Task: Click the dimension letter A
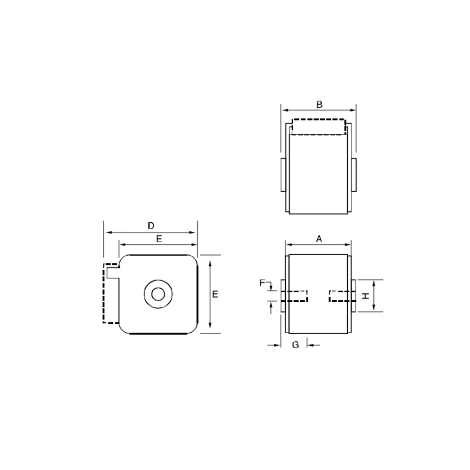point(319,239)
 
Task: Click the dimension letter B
point(320,105)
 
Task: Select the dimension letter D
point(151,226)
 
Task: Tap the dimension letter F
point(262,282)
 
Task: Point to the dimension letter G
point(296,345)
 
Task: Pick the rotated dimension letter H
point(366,296)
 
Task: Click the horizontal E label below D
point(159,239)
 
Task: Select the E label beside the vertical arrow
point(215,294)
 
